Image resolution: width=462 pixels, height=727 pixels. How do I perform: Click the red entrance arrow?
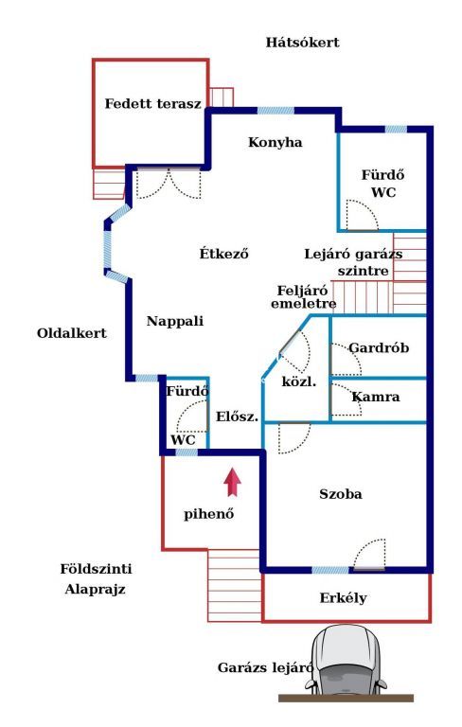coord(232,482)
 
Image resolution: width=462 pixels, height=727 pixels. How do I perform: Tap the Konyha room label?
coord(275,142)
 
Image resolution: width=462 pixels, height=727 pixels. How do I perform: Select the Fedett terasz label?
coord(153,103)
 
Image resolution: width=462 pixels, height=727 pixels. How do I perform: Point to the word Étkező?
coord(224,253)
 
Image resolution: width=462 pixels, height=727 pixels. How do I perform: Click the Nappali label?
coord(175,321)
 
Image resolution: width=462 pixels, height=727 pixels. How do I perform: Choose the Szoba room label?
coord(341,494)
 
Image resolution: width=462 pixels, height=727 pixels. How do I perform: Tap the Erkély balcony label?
coord(343,597)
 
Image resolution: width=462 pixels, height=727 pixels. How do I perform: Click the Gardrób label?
coord(379,347)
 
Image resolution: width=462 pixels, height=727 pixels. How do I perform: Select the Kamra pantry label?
coord(376,397)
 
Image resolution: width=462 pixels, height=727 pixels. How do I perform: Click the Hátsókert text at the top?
coord(302,43)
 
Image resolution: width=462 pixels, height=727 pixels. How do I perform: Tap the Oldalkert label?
coord(72,333)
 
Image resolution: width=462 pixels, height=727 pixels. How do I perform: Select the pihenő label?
coord(208,514)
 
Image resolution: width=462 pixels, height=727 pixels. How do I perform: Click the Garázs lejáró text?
coord(265,667)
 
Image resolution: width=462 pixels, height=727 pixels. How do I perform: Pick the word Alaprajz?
coord(95,590)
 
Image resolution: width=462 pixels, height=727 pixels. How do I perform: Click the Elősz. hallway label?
coord(237,417)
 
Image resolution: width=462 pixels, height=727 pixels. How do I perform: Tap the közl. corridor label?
coord(299,382)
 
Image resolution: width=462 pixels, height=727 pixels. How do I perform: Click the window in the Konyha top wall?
coord(275,111)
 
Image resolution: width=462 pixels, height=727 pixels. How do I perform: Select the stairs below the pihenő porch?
coord(234,586)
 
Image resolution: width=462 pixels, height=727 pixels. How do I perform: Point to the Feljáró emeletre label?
coord(303,297)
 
